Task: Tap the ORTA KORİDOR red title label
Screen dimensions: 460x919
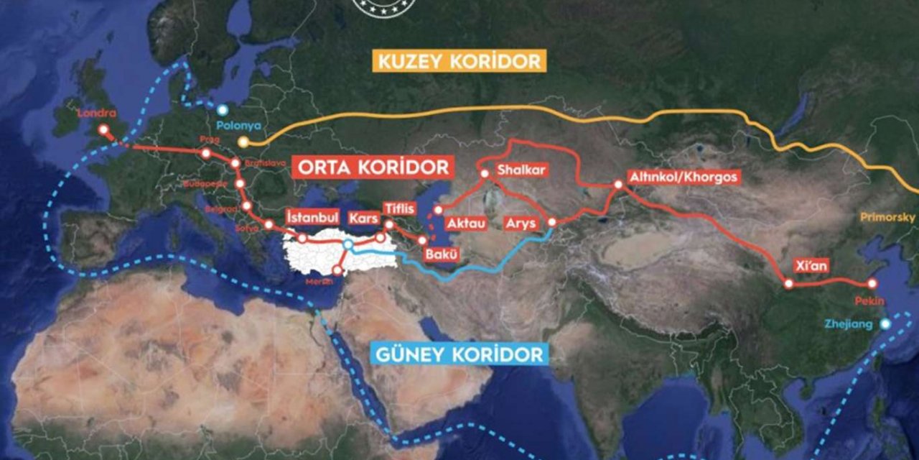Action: (373, 167)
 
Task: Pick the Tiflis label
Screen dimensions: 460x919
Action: (399, 208)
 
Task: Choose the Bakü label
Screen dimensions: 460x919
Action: (437, 254)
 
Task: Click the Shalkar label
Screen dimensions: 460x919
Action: (522, 170)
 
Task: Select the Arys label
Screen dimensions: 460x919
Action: (521, 223)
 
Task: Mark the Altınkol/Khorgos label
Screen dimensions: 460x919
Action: (683, 176)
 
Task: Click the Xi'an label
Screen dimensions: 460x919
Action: (811, 265)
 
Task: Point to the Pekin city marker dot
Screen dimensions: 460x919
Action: (872, 284)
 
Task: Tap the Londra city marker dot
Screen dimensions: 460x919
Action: (103, 130)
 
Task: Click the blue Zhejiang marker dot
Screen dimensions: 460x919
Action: (885, 323)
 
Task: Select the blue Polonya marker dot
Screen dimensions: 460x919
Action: (223, 110)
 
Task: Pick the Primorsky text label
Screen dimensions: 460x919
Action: (889, 217)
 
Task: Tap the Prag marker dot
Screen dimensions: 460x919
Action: (206, 153)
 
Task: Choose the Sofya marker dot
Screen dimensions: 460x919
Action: (269, 225)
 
